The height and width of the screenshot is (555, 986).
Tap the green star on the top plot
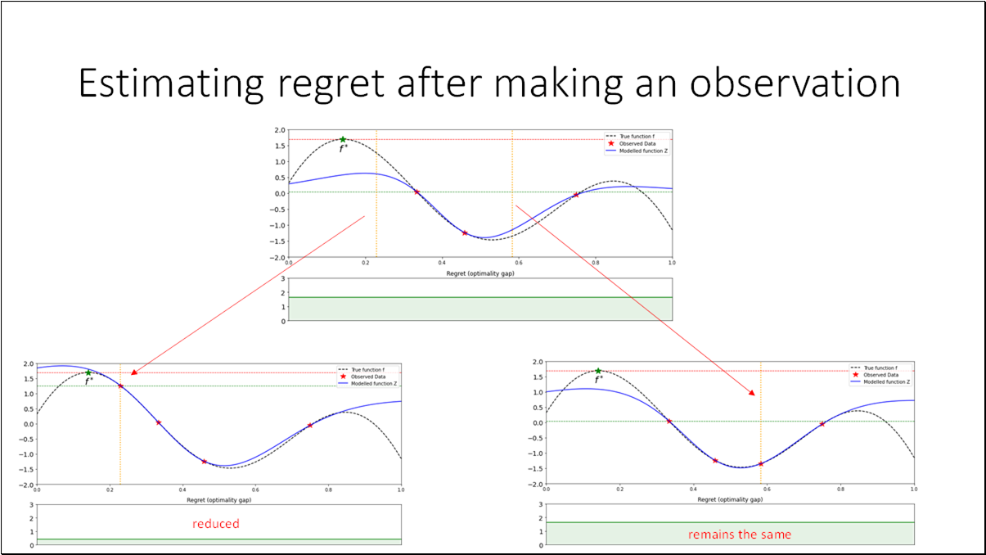[343, 140]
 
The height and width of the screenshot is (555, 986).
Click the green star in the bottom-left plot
[88, 373]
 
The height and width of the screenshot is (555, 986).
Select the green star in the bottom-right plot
[598, 372]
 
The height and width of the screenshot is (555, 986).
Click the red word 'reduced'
[216, 524]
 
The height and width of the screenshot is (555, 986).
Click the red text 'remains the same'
[740, 535]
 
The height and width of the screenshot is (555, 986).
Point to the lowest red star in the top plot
[465, 233]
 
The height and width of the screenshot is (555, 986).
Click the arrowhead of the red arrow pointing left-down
[133, 372]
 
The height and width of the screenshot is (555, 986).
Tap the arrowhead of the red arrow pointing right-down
[752, 393]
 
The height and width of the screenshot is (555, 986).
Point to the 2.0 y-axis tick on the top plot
[280, 131]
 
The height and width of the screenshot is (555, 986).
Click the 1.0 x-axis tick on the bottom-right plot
[912, 489]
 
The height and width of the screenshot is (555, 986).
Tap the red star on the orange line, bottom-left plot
[120, 386]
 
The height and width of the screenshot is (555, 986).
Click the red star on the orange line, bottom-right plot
[760, 464]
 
